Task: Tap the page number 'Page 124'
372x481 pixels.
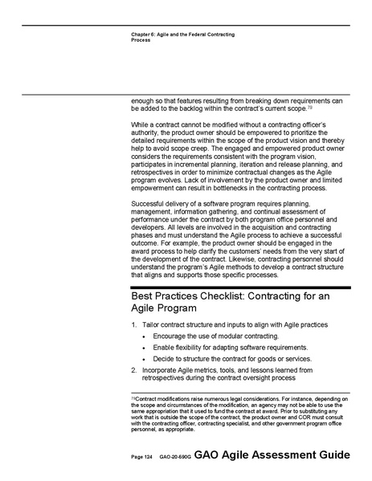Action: [x=142, y=456]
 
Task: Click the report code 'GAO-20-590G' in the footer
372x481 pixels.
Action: [x=175, y=456]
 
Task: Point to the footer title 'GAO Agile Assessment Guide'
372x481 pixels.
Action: [x=272, y=455]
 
